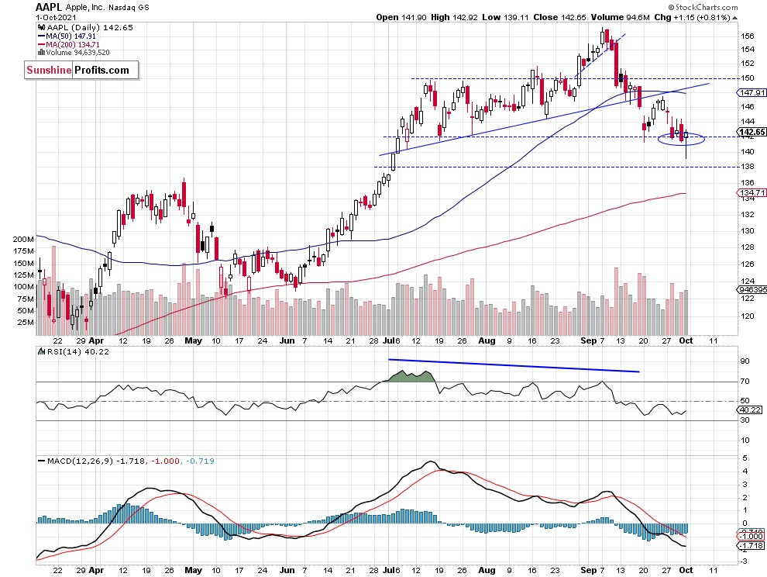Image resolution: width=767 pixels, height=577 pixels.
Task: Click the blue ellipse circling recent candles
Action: (x=681, y=140)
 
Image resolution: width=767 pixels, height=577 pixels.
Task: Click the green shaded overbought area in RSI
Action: (x=410, y=377)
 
